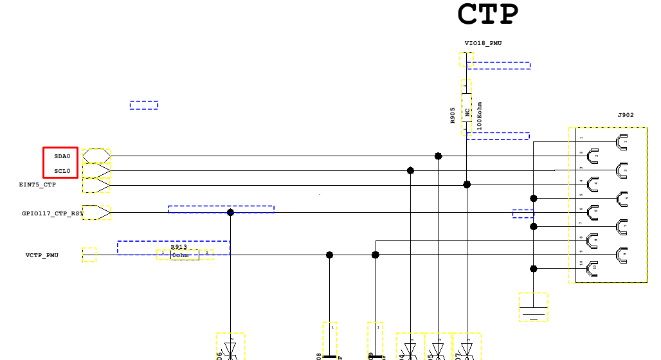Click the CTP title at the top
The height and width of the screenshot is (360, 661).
click(x=487, y=14)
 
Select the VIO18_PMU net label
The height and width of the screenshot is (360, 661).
click(x=483, y=43)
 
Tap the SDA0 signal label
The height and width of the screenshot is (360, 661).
click(x=62, y=156)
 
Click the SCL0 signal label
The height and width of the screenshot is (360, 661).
click(x=62, y=171)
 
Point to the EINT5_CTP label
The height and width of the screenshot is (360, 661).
click(x=37, y=184)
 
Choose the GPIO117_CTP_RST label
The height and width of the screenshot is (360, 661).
click(x=52, y=213)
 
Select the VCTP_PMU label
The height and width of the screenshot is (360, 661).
click(x=42, y=255)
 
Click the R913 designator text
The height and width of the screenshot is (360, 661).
click(x=179, y=247)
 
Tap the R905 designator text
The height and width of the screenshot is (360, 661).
click(x=453, y=115)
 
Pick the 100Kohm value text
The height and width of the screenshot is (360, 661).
click(x=479, y=116)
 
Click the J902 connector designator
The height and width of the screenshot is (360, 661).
click(x=626, y=115)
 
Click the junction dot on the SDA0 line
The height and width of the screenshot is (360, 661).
click(x=438, y=156)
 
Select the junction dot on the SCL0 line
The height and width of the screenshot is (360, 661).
click(x=410, y=170)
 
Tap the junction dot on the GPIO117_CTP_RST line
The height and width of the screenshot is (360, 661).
click(x=230, y=212)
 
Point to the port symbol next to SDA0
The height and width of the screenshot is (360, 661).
click(x=96, y=156)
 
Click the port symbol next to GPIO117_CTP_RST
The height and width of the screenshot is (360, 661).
click(x=96, y=212)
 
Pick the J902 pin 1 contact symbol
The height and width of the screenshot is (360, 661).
click(x=621, y=141)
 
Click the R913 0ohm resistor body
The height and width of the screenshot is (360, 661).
click(x=185, y=255)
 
